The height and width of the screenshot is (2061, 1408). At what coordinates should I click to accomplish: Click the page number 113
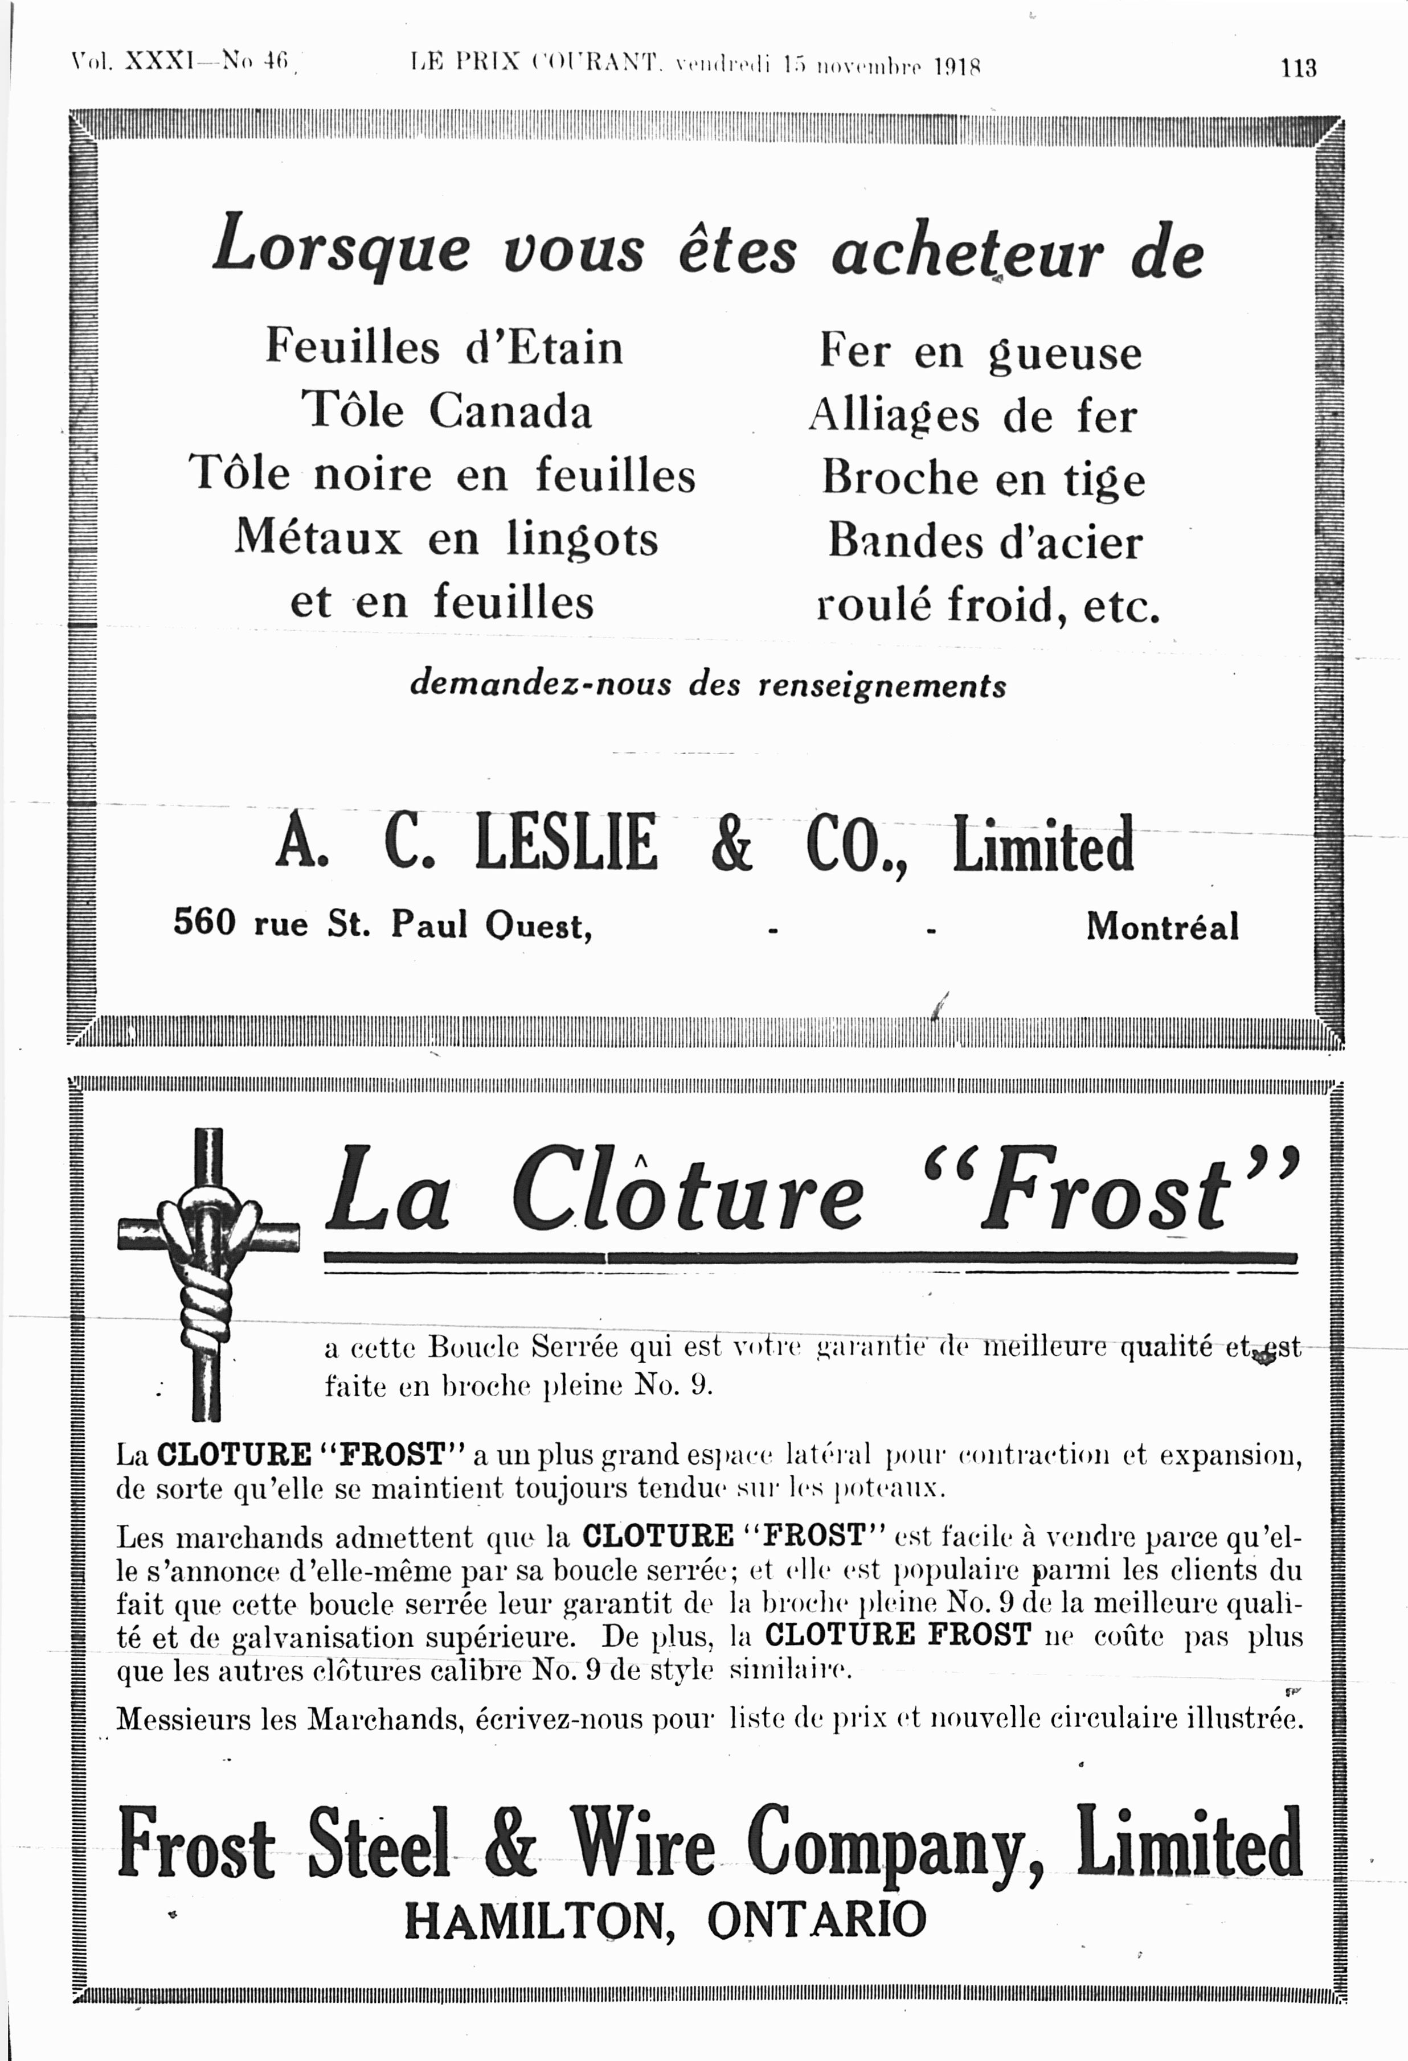(x=1298, y=68)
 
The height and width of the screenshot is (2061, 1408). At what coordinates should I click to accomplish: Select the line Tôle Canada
(x=447, y=410)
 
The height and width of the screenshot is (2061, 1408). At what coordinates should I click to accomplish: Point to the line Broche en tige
(x=983, y=479)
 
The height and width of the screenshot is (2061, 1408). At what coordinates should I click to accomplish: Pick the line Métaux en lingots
(x=447, y=538)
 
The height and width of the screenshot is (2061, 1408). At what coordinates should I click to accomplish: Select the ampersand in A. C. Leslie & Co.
(x=731, y=844)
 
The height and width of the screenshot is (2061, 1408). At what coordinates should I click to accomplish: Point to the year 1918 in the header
(x=956, y=67)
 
